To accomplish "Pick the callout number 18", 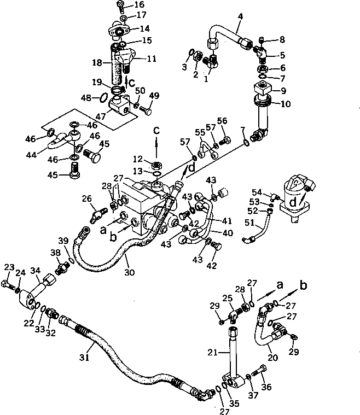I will (98, 63).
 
